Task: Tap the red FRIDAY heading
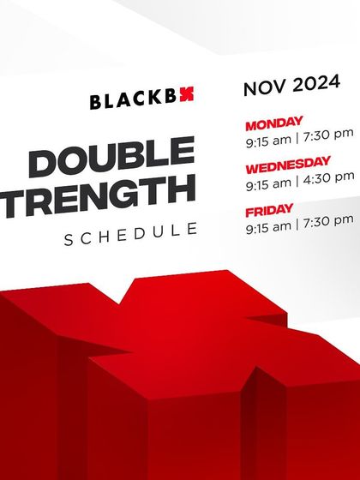(270, 208)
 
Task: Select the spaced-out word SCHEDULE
(130, 234)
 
